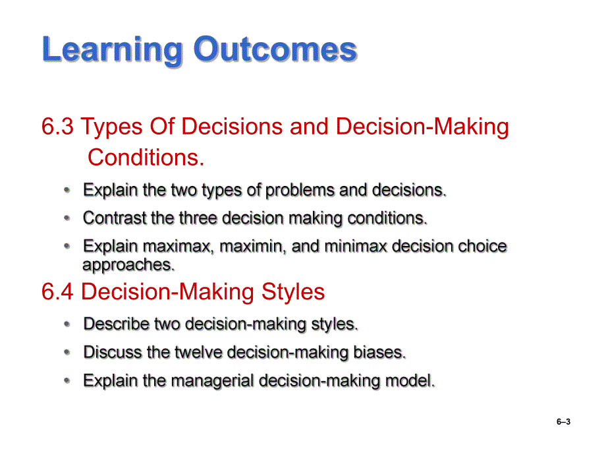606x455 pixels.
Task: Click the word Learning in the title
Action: pyautogui.click(x=112, y=50)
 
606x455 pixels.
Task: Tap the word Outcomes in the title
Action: pyautogui.click(x=275, y=49)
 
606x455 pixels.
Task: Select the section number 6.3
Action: pyautogui.click(x=57, y=127)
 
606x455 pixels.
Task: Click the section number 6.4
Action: pyautogui.click(x=57, y=291)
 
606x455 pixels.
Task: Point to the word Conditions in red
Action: pyautogui.click(x=146, y=158)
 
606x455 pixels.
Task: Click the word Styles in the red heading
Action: pyautogui.click(x=293, y=292)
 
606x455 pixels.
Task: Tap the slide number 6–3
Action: pyautogui.click(x=563, y=422)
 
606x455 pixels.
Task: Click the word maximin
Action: pyautogui.click(x=253, y=247)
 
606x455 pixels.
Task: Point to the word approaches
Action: pyautogui.click(x=128, y=265)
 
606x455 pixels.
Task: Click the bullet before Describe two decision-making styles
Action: pyautogui.click(x=67, y=324)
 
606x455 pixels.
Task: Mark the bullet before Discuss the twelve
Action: pyautogui.click(x=67, y=352)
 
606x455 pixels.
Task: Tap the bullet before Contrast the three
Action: pyautogui.click(x=67, y=218)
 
